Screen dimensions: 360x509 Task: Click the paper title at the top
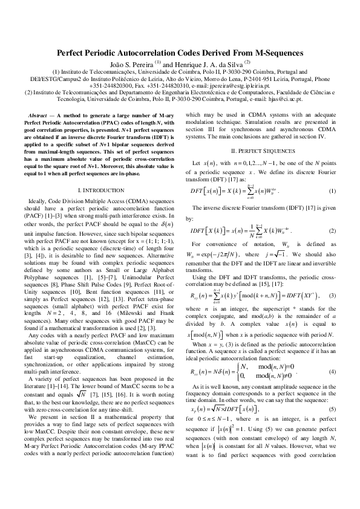click(x=180, y=53)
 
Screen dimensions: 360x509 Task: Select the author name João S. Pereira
click(x=132, y=64)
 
